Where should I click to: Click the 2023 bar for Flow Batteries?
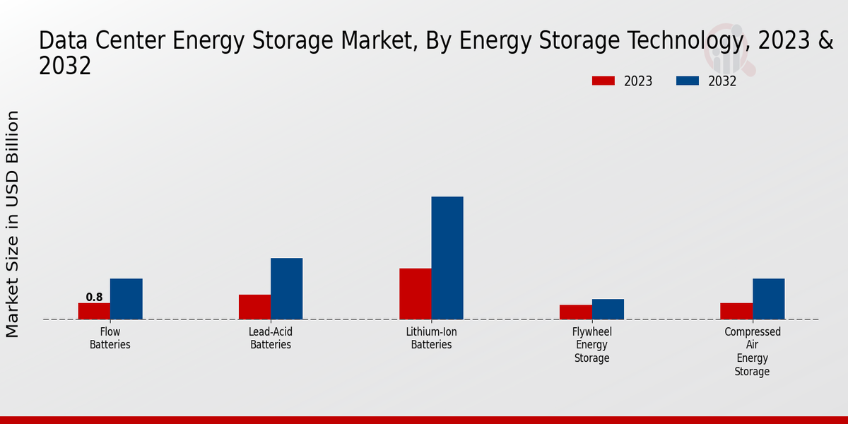(x=94, y=311)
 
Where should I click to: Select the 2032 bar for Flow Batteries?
(x=126, y=299)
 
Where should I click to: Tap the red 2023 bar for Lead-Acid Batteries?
(x=254, y=307)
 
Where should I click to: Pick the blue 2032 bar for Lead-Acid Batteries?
(x=286, y=288)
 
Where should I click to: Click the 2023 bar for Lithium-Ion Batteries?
(x=415, y=294)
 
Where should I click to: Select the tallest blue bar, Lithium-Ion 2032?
(x=447, y=258)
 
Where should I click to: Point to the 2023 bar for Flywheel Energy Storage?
(x=575, y=312)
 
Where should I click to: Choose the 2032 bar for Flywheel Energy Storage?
(x=608, y=309)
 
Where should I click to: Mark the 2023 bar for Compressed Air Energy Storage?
(x=736, y=311)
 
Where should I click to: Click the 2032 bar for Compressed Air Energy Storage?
(x=768, y=299)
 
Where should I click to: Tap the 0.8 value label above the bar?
(x=94, y=298)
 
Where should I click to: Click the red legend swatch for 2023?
(x=603, y=81)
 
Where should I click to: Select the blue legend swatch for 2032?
(x=687, y=81)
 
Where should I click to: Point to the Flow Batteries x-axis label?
(x=110, y=338)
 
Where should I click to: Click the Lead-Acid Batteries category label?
(x=271, y=338)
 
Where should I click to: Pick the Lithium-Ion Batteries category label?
(x=431, y=338)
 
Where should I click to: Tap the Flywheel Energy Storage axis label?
(x=591, y=345)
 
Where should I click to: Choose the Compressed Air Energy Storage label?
(x=752, y=351)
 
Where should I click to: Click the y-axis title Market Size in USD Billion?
(x=13, y=223)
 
